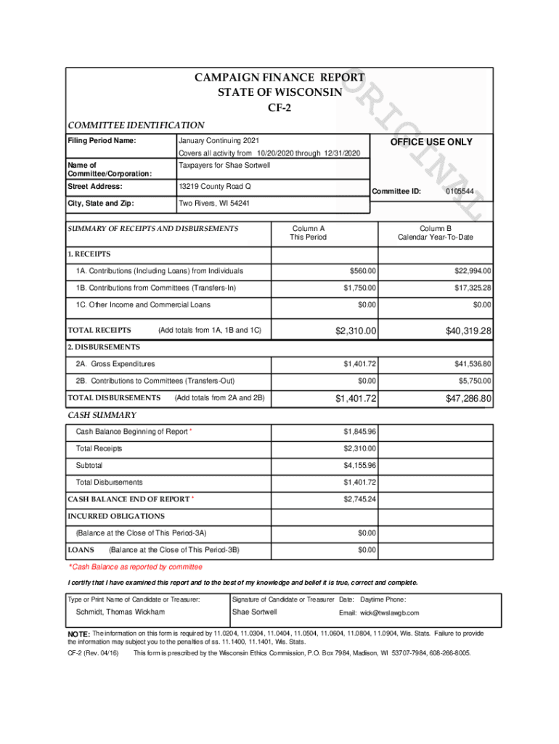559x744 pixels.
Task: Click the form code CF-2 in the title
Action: (x=279, y=108)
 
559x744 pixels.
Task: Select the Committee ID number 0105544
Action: (x=460, y=191)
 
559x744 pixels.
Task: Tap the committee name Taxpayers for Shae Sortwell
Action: (x=224, y=165)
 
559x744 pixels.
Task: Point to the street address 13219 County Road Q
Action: (x=214, y=187)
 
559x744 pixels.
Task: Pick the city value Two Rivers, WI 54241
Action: (x=214, y=203)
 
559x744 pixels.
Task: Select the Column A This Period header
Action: (x=309, y=232)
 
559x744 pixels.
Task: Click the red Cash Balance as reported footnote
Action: (x=136, y=567)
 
